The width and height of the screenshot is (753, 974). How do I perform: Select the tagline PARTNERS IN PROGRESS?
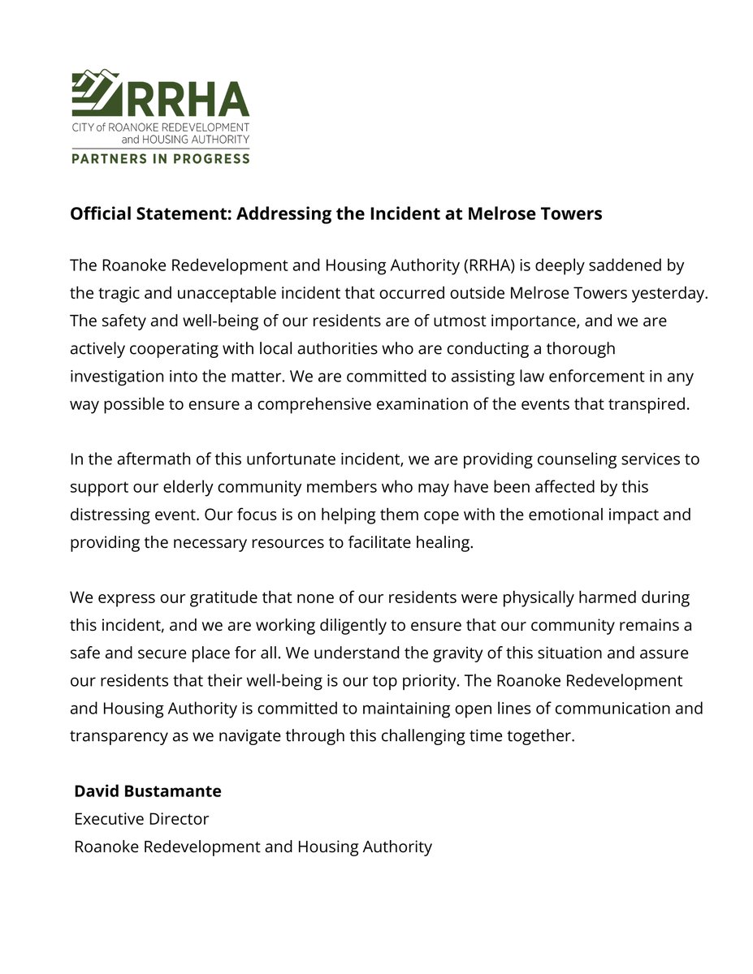[161, 158]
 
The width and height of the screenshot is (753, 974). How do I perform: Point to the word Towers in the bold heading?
[573, 213]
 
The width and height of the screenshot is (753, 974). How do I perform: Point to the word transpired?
[649, 403]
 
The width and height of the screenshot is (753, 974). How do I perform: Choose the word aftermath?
[156, 459]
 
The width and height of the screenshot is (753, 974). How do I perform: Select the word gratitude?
[223, 597]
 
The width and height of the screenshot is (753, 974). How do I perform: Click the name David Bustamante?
[148, 791]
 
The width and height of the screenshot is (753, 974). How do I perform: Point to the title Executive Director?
[141, 818]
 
